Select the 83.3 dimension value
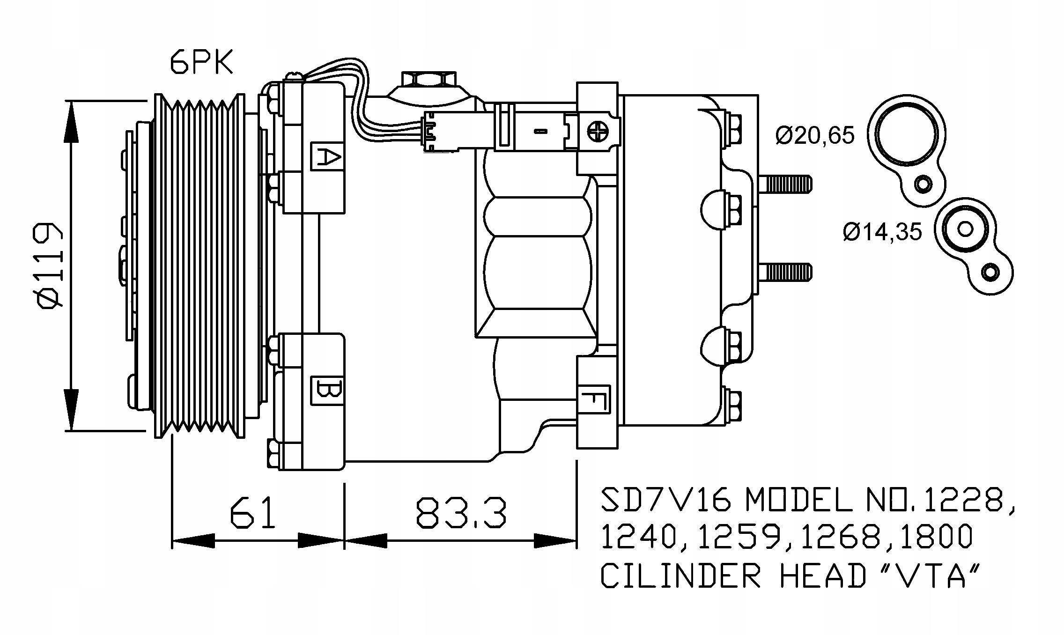coord(461,513)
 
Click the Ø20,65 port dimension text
coord(815,135)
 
